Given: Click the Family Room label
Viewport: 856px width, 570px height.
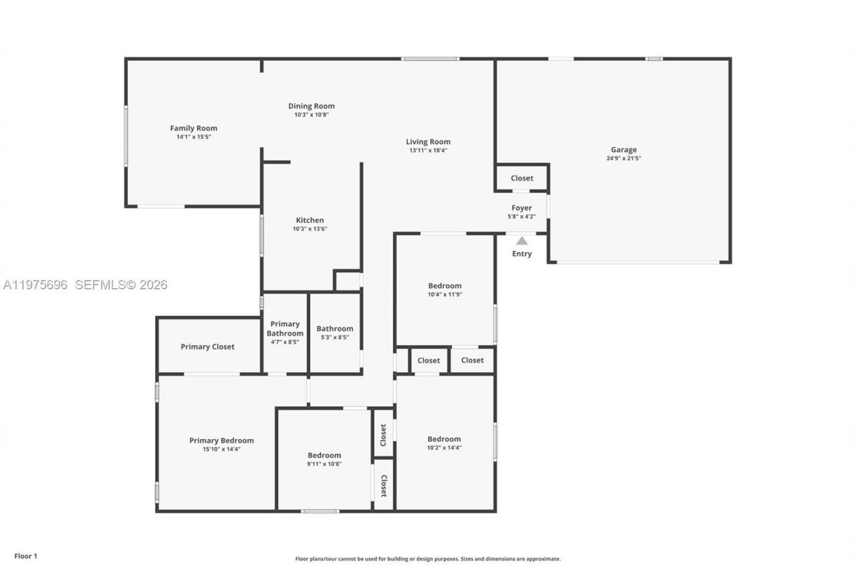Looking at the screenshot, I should tap(193, 128).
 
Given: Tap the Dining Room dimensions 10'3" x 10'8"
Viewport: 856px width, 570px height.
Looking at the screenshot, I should tap(311, 115).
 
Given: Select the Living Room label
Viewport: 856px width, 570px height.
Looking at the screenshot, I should tap(428, 142).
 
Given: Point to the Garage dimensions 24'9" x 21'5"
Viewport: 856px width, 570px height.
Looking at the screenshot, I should tap(623, 158).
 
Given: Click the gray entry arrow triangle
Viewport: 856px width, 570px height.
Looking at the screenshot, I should tap(522, 241).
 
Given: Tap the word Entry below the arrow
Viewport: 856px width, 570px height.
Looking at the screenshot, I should tap(522, 254).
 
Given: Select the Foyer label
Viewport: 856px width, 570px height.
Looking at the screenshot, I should tap(522, 208).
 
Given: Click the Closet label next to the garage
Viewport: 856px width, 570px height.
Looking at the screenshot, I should tap(522, 178).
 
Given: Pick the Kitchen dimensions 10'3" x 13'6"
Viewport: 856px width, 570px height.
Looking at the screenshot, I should tap(310, 229).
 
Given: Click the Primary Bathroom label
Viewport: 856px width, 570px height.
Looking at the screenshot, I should tap(285, 329).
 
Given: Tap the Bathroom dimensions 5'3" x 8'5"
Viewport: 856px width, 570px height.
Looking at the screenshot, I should tap(334, 337).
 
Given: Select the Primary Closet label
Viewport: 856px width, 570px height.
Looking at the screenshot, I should tap(207, 347).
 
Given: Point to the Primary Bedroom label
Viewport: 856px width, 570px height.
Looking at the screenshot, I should tap(221, 440).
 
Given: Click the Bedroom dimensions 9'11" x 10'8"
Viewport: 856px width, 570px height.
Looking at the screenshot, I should tap(324, 464).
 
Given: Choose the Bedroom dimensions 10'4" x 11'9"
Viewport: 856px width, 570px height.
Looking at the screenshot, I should tap(445, 294).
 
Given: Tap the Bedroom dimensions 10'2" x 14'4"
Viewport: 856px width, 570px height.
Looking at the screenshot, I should tap(444, 448).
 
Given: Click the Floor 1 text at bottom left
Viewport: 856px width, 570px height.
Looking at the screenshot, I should tap(26, 556).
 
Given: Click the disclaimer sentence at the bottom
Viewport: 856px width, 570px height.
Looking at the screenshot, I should tap(428, 559).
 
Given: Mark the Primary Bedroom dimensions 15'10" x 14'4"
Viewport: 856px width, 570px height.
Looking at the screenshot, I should tap(221, 449).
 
